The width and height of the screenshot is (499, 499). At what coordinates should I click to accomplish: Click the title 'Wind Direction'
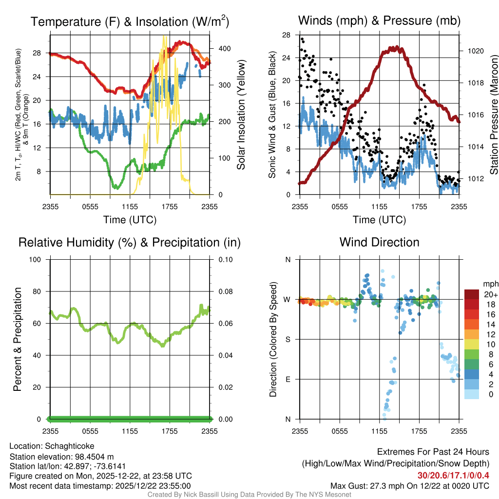point(379,242)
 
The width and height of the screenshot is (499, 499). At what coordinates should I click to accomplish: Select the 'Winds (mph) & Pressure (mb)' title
point(379,21)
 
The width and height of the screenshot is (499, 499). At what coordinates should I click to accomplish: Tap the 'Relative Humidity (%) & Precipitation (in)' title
point(130,242)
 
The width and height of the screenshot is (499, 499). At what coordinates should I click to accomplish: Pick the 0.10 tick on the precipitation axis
point(225,260)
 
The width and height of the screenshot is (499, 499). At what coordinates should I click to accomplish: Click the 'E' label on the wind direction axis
point(288,379)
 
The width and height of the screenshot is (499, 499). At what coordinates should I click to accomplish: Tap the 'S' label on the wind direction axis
point(288,339)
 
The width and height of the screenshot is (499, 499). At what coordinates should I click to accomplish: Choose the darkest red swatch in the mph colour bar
point(471,294)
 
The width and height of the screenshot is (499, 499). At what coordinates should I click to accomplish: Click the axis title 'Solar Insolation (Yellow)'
point(241,115)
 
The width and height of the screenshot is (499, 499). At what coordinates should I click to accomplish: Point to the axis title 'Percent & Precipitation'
point(17,339)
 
